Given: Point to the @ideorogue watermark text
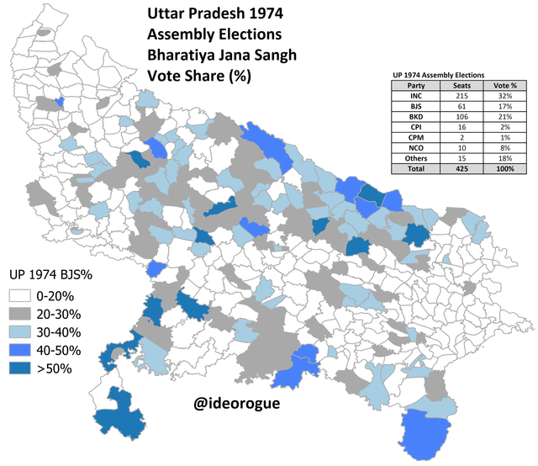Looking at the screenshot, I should click(x=236, y=404).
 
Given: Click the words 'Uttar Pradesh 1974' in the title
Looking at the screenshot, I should click(x=210, y=14).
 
